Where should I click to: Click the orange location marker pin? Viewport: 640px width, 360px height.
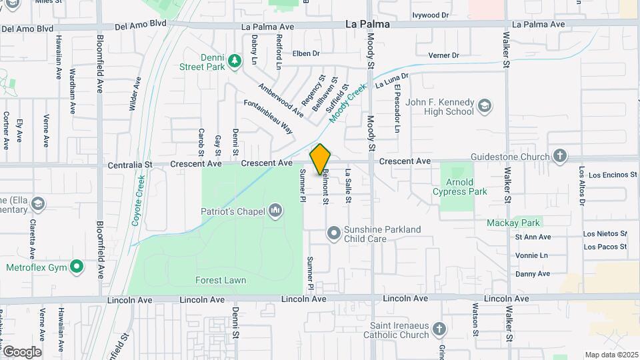(321, 159)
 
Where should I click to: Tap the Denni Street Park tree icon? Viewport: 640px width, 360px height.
(234, 61)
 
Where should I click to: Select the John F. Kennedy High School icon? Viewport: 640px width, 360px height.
(484, 107)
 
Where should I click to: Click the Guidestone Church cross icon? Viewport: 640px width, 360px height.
(559, 157)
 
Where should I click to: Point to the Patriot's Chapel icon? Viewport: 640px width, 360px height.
(275, 212)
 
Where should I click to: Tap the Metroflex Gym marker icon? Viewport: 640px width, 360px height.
(77, 268)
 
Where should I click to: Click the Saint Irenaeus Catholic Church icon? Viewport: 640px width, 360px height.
(439, 329)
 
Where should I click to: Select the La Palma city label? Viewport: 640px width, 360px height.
(367, 24)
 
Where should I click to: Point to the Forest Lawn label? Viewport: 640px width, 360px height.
(221, 281)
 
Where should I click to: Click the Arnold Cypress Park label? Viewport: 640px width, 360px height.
(469, 187)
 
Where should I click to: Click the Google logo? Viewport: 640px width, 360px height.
(22, 351)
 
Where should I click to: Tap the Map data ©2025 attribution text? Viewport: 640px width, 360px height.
(611, 355)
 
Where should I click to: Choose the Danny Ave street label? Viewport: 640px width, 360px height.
(533, 273)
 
